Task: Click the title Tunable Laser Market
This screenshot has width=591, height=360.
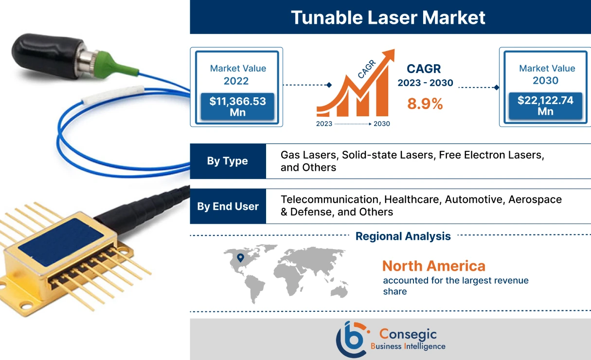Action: click(x=388, y=18)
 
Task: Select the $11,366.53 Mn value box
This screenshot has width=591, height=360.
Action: click(x=237, y=107)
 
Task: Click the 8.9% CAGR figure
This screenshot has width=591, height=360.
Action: click(x=425, y=103)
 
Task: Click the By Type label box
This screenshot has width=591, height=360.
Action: click(x=228, y=161)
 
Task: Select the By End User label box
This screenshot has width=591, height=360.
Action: click(x=228, y=206)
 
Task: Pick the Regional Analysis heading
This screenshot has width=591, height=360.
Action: click(x=403, y=236)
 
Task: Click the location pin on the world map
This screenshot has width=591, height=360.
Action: click(x=239, y=257)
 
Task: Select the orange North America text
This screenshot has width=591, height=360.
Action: click(x=433, y=266)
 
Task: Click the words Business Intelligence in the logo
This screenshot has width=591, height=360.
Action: click(x=408, y=346)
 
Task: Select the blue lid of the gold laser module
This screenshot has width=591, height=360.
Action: click(x=61, y=242)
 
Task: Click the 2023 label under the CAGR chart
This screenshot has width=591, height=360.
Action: click(x=324, y=124)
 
